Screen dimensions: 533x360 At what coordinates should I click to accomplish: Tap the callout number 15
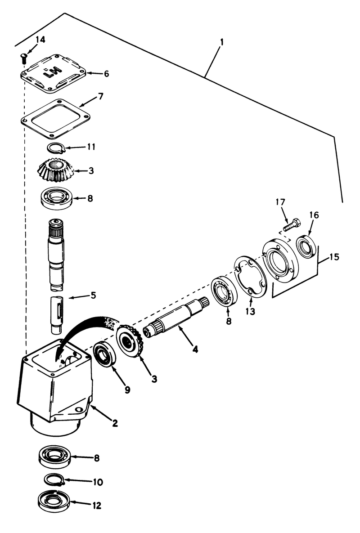pyautogui.click(x=334, y=258)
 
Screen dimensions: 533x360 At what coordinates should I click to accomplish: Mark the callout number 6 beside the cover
pyautogui.click(x=106, y=73)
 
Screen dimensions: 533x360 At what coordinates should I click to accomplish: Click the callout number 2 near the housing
pyautogui.click(x=115, y=423)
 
